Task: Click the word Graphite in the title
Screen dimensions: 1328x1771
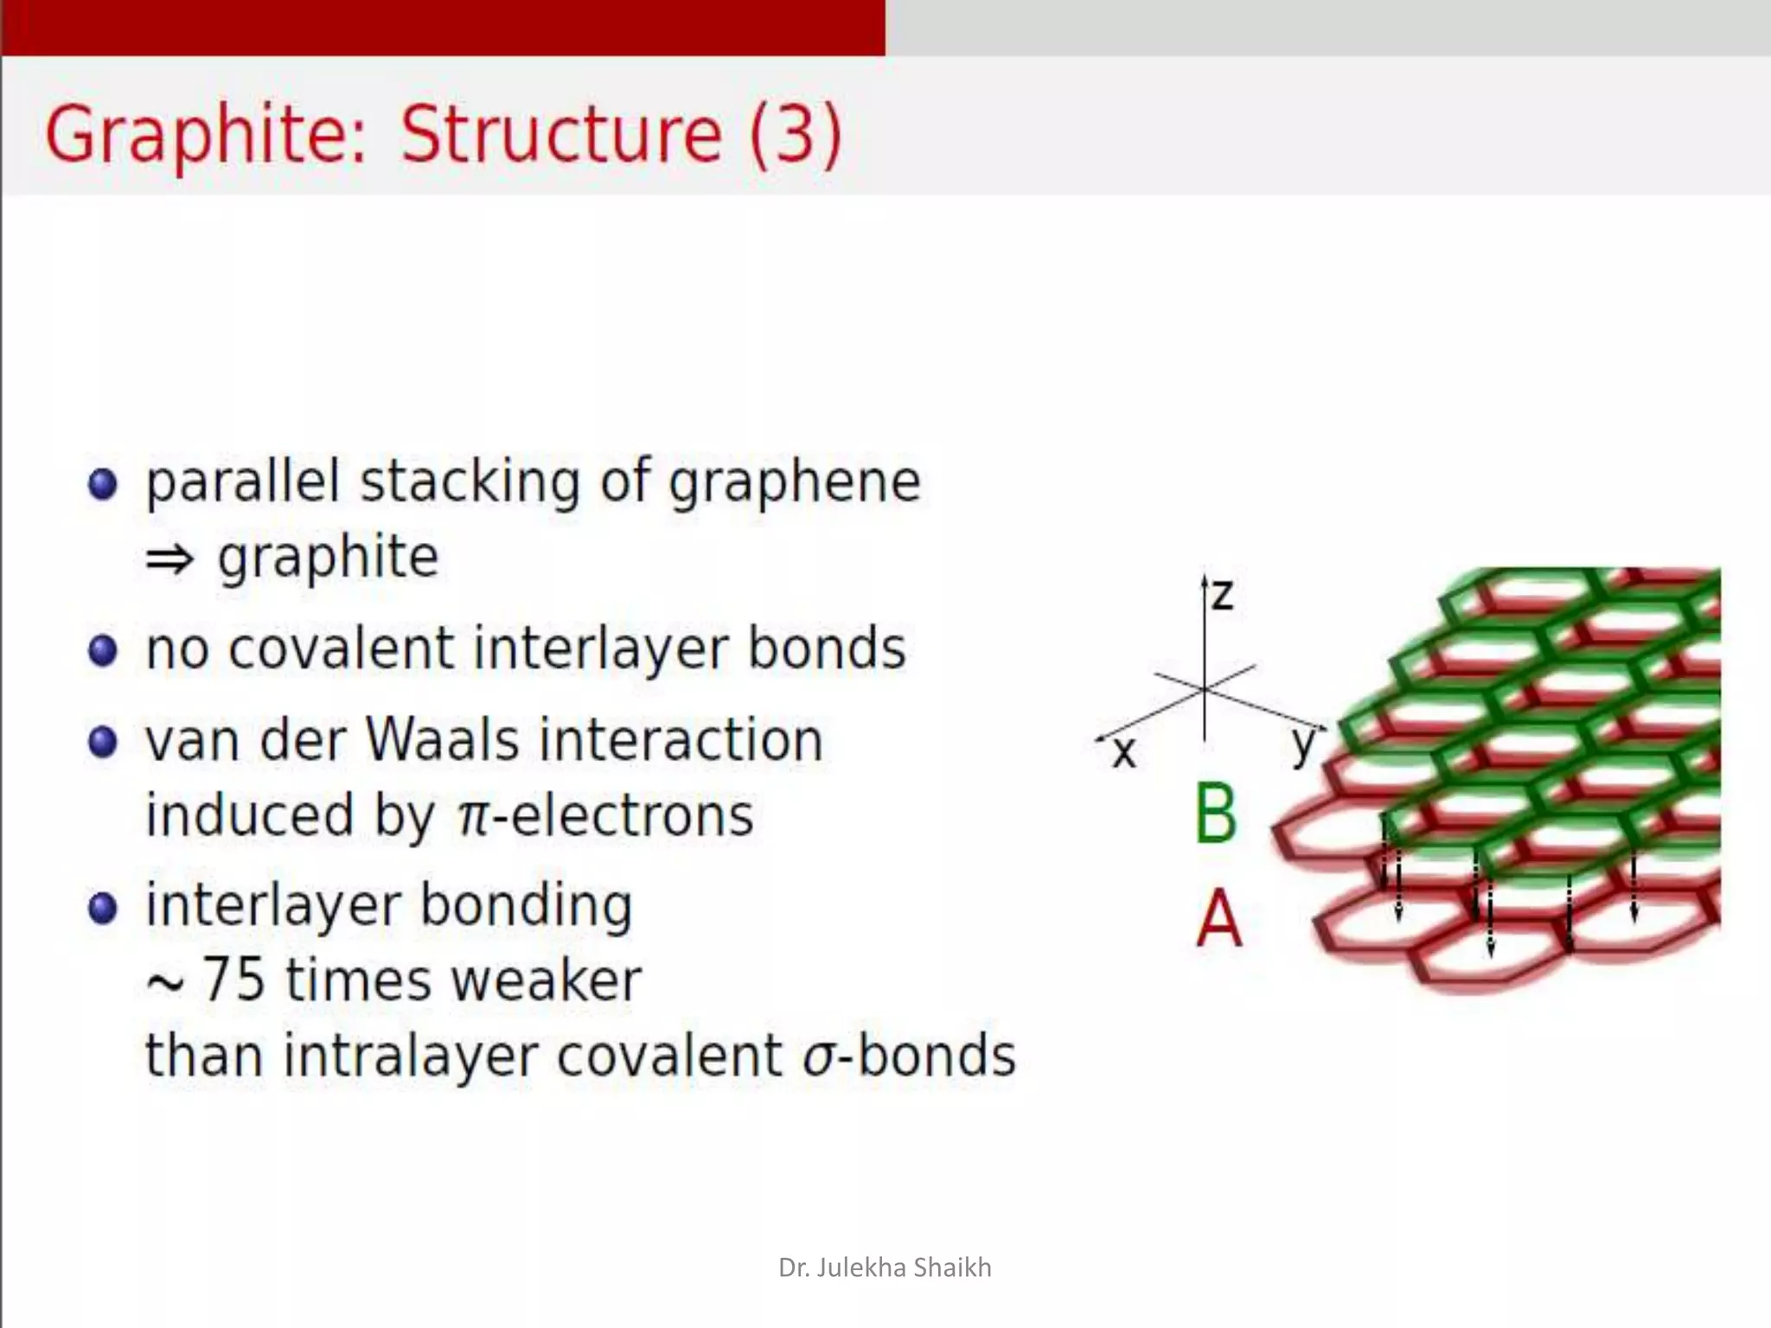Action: (206, 135)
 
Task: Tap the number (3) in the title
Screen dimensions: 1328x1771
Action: (795, 135)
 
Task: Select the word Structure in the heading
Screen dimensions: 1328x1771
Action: (560, 135)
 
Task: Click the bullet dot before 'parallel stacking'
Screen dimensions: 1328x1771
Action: (103, 484)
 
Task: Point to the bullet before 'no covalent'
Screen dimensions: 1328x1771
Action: (103, 650)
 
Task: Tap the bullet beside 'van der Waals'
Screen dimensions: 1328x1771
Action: (103, 742)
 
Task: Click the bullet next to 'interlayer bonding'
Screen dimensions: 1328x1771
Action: (103, 908)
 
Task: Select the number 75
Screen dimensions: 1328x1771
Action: (233, 980)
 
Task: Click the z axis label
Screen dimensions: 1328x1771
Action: (1222, 596)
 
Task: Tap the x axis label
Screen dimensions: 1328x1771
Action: (1123, 752)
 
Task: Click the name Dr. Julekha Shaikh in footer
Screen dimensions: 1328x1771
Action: (885, 1267)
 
